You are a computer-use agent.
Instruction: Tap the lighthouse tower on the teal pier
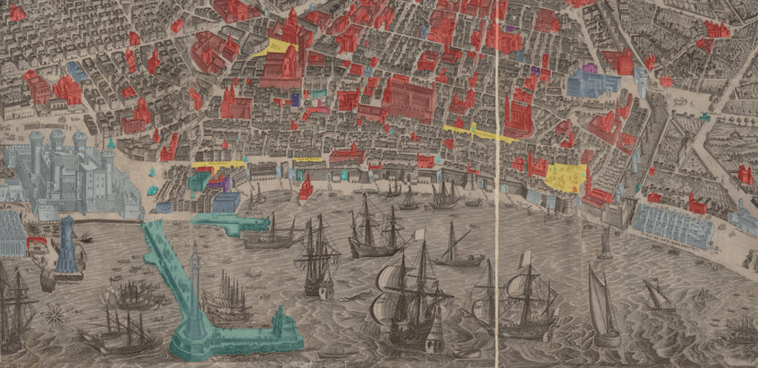pyautogui.click(x=195, y=287)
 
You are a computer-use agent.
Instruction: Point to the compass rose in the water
pyautogui.click(x=55, y=313)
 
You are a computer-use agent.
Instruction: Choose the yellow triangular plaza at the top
pyautogui.click(x=277, y=47)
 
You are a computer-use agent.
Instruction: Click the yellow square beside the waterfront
pyautogui.click(x=566, y=175)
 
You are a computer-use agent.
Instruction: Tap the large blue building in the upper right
pyautogui.click(x=592, y=83)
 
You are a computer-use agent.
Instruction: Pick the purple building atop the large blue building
pyautogui.click(x=589, y=67)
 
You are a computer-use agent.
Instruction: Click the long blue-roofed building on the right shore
pyautogui.click(x=672, y=224)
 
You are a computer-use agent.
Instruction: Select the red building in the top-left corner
pyautogui.click(x=16, y=12)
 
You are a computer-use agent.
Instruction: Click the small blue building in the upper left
pyautogui.click(x=76, y=70)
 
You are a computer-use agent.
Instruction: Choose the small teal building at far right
pyautogui.click(x=706, y=116)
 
